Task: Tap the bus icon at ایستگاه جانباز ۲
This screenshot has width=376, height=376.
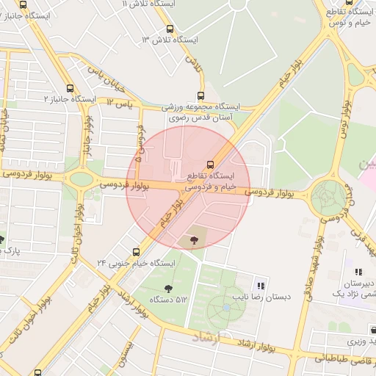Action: (70, 88)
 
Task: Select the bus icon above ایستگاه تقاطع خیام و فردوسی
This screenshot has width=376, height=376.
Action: (211, 164)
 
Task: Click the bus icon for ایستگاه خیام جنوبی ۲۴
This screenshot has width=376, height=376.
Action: (137, 251)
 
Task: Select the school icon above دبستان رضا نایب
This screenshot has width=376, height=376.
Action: (260, 286)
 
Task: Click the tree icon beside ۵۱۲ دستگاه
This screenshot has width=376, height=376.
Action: (170, 288)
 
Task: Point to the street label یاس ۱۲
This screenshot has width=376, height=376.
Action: (124, 104)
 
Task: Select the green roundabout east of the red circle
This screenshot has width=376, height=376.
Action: (328, 197)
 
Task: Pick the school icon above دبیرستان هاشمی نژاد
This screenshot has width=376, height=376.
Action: (358, 272)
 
